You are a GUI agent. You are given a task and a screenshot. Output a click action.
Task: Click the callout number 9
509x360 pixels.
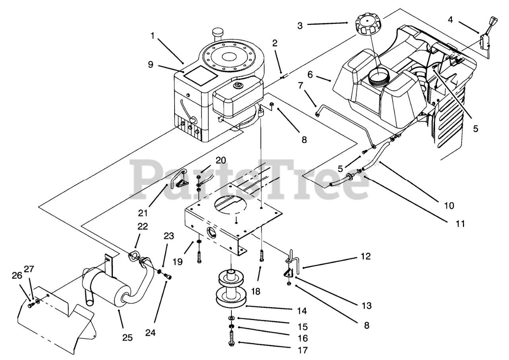click(x=150, y=64)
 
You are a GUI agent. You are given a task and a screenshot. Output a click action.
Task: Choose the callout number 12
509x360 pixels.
click(x=366, y=257)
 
